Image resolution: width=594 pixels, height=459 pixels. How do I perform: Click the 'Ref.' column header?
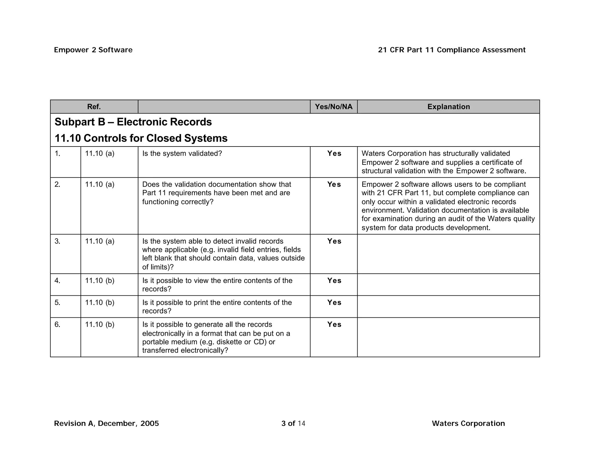94,107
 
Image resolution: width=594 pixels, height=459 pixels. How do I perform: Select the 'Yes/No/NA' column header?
334,107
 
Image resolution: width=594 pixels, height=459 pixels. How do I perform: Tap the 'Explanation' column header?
448,107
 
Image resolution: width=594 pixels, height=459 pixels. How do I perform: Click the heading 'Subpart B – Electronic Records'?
133,122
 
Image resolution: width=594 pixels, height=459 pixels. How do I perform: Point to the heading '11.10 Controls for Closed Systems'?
141,138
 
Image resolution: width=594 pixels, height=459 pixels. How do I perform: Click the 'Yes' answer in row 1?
334,153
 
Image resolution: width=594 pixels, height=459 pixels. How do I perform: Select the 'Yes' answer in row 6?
334,324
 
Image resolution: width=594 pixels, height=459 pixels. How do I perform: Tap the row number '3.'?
57,241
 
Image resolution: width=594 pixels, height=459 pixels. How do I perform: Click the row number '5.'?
57,302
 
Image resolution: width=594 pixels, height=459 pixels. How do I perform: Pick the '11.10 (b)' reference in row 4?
100,281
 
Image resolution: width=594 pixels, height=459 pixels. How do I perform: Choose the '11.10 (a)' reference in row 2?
100,185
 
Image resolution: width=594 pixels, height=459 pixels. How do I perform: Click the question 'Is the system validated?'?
182,153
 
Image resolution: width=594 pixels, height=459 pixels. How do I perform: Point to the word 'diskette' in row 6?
229,342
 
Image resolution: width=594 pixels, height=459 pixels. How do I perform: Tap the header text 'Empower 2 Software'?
93,50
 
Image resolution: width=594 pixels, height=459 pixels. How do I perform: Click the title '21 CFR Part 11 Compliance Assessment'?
452,50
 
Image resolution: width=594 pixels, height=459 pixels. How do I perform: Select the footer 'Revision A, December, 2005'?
106,423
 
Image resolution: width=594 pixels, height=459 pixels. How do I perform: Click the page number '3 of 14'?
293,423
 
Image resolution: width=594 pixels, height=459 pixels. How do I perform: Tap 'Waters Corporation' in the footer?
468,423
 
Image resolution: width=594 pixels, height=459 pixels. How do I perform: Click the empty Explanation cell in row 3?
448,254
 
